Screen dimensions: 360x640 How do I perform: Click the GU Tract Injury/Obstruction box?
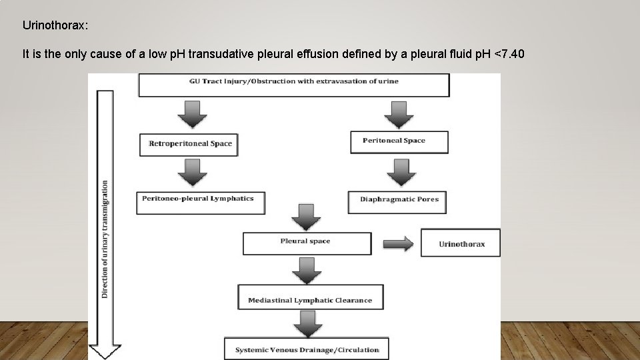click(293, 85)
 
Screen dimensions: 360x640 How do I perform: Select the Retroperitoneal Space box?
click(189, 144)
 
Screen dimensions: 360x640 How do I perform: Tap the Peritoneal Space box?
click(399, 141)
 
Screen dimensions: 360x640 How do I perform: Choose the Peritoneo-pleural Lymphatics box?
click(199, 203)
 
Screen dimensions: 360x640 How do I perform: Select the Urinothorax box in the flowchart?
click(461, 243)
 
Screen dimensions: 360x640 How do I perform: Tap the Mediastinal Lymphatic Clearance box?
click(310, 298)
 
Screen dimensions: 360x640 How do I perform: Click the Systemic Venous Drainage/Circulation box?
click(306, 349)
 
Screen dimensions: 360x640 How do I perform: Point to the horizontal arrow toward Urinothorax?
click(399, 243)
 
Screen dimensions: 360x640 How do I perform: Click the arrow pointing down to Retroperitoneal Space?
click(191, 115)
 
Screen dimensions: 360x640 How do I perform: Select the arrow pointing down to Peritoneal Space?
click(399, 113)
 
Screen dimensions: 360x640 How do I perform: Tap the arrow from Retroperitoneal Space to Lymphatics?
click(191, 173)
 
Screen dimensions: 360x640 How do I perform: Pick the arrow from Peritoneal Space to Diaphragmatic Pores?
click(399, 173)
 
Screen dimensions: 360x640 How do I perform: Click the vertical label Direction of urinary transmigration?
click(105, 237)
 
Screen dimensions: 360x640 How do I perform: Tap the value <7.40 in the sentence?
click(511, 55)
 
